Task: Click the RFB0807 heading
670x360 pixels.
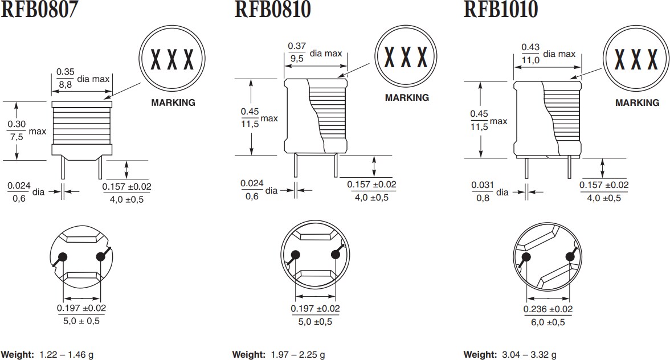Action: point(39,10)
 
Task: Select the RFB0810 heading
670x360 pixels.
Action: point(272,10)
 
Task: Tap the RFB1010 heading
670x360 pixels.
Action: point(501,10)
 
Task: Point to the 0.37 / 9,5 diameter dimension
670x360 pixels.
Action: point(297,52)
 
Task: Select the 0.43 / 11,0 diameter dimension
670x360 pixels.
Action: point(531,53)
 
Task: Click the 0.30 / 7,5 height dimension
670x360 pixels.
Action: point(17,130)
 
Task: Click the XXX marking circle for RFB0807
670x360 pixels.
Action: point(171,58)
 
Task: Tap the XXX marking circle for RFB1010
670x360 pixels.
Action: point(636,58)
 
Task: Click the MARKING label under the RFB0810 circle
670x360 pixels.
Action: point(407,97)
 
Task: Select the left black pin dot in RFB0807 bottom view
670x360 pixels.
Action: point(63,257)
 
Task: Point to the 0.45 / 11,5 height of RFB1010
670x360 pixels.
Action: point(480,120)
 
